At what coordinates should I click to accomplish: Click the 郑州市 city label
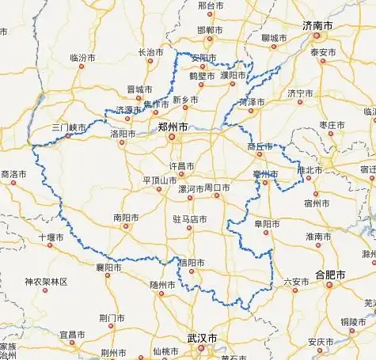click(173, 126)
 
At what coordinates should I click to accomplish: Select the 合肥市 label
click(330, 275)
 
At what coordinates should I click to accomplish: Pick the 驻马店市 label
click(190, 218)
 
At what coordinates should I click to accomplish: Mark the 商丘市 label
click(260, 146)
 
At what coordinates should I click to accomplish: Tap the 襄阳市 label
click(108, 267)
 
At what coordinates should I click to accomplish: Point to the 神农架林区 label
click(46, 282)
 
